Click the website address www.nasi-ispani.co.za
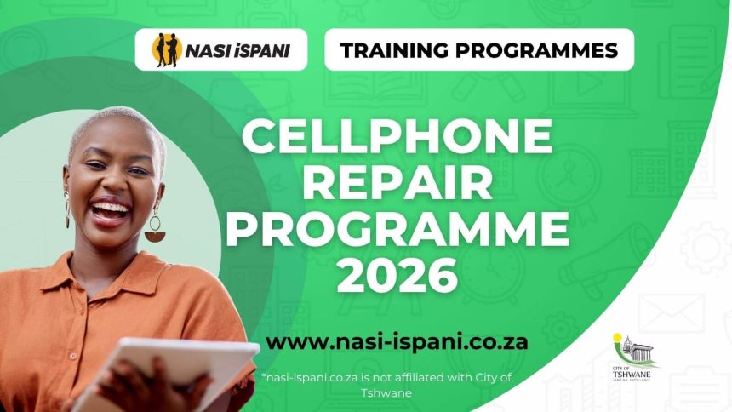pos(397,341)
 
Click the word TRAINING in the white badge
pos(394,50)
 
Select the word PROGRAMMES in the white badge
pos(537,50)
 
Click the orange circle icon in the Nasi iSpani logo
pos(166,50)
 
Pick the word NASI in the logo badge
pos(209,50)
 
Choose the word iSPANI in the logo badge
pos(261,50)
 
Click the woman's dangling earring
pos(154,227)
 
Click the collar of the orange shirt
pos(128,264)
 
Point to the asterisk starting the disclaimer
pos(266,375)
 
